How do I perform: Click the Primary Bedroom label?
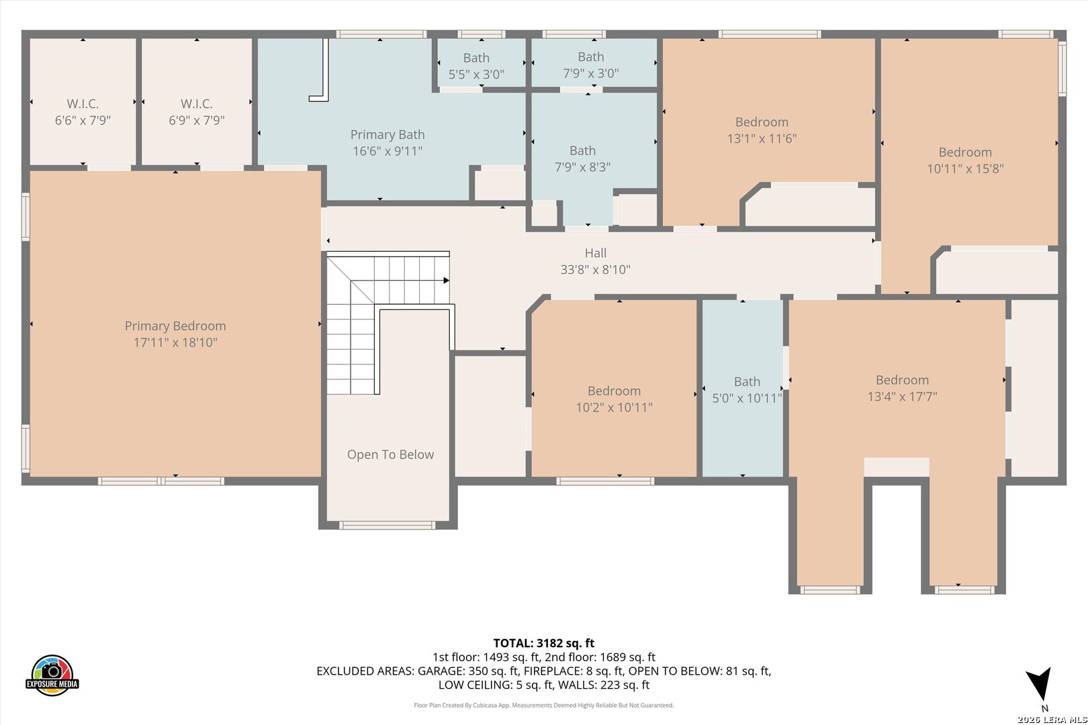tap(175, 334)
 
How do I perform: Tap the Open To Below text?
tap(390, 454)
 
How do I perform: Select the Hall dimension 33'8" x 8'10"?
tap(596, 269)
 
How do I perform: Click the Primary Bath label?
tap(388, 143)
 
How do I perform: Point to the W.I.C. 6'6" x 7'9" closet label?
tap(83, 111)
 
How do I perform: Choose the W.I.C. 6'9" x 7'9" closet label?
tap(197, 111)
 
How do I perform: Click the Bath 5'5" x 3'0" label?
tap(476, 66)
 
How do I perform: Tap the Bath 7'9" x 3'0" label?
tap(591, 65)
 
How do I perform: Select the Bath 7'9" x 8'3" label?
tap(583, 159)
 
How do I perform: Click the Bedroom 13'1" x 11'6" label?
tap(762, 130)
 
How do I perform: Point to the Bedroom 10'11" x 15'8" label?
tap(966, 160)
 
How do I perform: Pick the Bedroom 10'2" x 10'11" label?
tap(615, 399)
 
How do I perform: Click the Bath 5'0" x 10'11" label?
tap(747, 390)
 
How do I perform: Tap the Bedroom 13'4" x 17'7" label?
tap(903, 388)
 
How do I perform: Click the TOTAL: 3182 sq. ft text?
tap(544, 643)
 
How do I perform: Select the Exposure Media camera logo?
tap(52, 675)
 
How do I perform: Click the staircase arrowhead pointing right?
tap(447, 280)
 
